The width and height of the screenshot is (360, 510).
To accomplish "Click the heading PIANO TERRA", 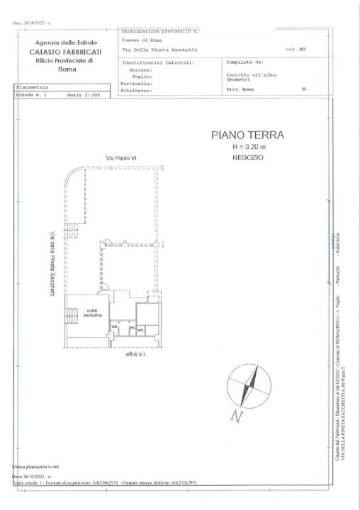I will (247, 135).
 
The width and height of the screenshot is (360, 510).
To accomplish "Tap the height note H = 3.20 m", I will (247, 147).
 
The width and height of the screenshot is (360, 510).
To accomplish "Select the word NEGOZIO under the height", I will (247, 157).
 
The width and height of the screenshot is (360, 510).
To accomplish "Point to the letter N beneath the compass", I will (236, 417).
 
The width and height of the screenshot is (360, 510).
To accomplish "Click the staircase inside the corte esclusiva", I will (71, 316).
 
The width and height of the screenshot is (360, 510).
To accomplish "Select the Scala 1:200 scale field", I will (83, 93).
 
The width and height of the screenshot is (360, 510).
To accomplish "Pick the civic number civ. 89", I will (295, 50).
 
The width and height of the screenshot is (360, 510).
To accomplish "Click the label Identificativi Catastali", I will (158, 62).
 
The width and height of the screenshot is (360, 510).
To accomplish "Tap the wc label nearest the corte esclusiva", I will (115, 327).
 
